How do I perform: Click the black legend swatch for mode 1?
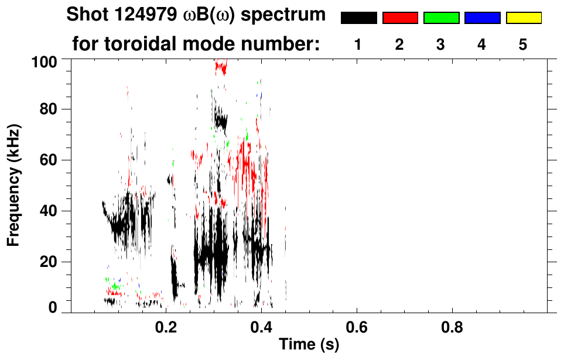358,18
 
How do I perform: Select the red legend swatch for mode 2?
399,18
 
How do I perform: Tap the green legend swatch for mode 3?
441,18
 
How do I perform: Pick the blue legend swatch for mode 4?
482,18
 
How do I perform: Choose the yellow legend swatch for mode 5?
523,18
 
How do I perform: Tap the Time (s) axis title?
309,345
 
